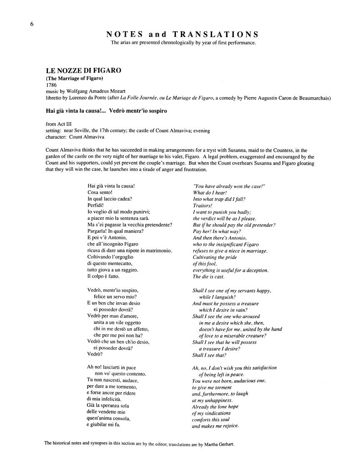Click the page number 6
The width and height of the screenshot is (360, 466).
tap(32, 24)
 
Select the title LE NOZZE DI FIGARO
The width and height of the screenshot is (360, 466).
tap(84, 70)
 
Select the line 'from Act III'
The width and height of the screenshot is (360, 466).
tap(60, 124)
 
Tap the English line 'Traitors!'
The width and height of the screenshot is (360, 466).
tap(203, 205)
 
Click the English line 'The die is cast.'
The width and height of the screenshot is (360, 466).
tap(208, 276)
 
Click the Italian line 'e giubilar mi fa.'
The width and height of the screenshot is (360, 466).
tap(106, 426)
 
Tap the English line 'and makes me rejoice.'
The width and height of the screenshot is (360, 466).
tap(215, 426)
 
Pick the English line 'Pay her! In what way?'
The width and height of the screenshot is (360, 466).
tap(217, 231)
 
